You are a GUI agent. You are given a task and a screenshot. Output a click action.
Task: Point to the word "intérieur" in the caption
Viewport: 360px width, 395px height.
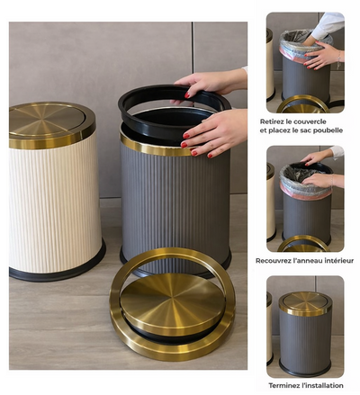(x=338, y=261)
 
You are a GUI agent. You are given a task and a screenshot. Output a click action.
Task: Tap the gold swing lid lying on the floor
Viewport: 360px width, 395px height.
(x=172, y=303)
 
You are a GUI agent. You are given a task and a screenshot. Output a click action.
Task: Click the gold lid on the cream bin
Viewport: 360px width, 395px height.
(x=51, y=124)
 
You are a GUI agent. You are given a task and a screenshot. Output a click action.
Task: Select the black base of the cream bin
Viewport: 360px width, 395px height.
(x=57, y=272)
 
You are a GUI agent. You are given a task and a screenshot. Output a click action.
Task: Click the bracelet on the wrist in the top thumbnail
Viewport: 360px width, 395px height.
(x=338, y=60)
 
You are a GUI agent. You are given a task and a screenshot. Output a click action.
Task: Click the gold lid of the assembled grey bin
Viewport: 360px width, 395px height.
(x=305, y=303)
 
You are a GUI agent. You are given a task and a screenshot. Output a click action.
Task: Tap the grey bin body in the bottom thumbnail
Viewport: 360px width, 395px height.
(x=305, y=340)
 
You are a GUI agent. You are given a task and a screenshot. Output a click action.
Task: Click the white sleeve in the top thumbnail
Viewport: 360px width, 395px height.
(x=328, y=25)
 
